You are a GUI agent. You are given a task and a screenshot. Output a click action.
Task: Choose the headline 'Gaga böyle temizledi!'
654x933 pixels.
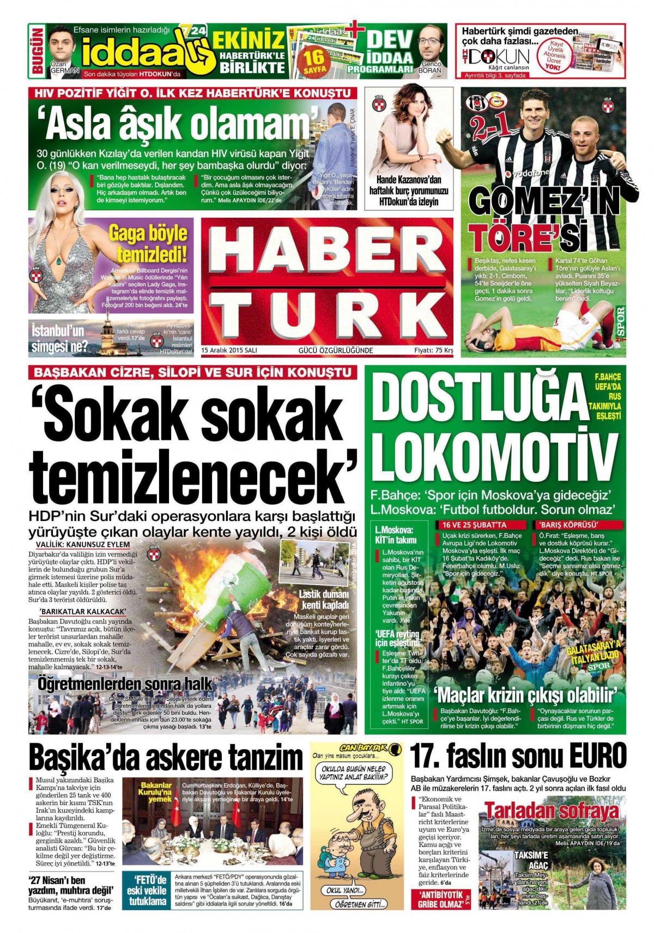pos(148,243)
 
